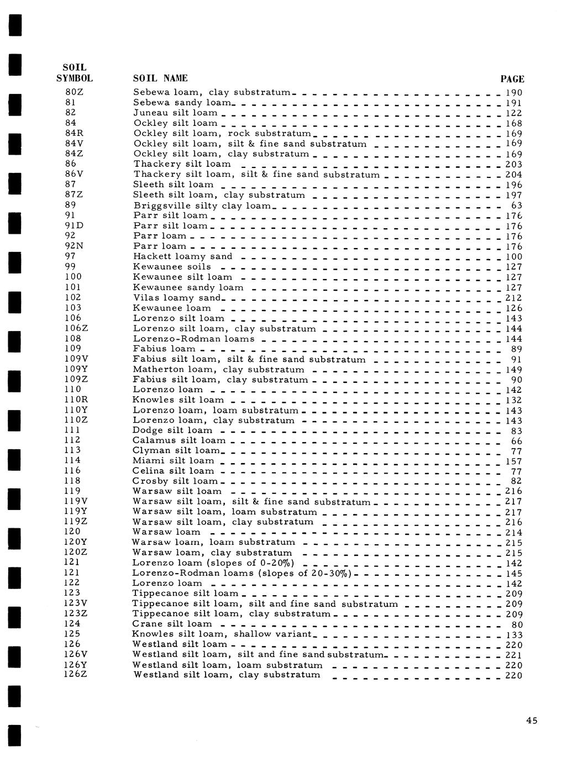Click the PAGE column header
pos(512,79)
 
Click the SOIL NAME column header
pos(160,78)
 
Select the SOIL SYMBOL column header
pos(74,73)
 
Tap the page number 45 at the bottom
pos(532,720)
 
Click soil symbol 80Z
pos(74,92)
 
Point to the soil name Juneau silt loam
pos(175,113)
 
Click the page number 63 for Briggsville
pos(516,206)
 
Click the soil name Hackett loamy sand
pos(182,256)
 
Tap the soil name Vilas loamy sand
pos(176,297)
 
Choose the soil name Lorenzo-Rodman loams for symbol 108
pos(193,338)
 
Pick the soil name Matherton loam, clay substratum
pos(218,369)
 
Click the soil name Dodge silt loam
pos(172,430)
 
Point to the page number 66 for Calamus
pos(516,441)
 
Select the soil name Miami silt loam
pos(173,461)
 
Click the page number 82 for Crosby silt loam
pos(516,481)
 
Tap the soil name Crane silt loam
pos(172,624)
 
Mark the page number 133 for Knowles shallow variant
pos(514,635)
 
